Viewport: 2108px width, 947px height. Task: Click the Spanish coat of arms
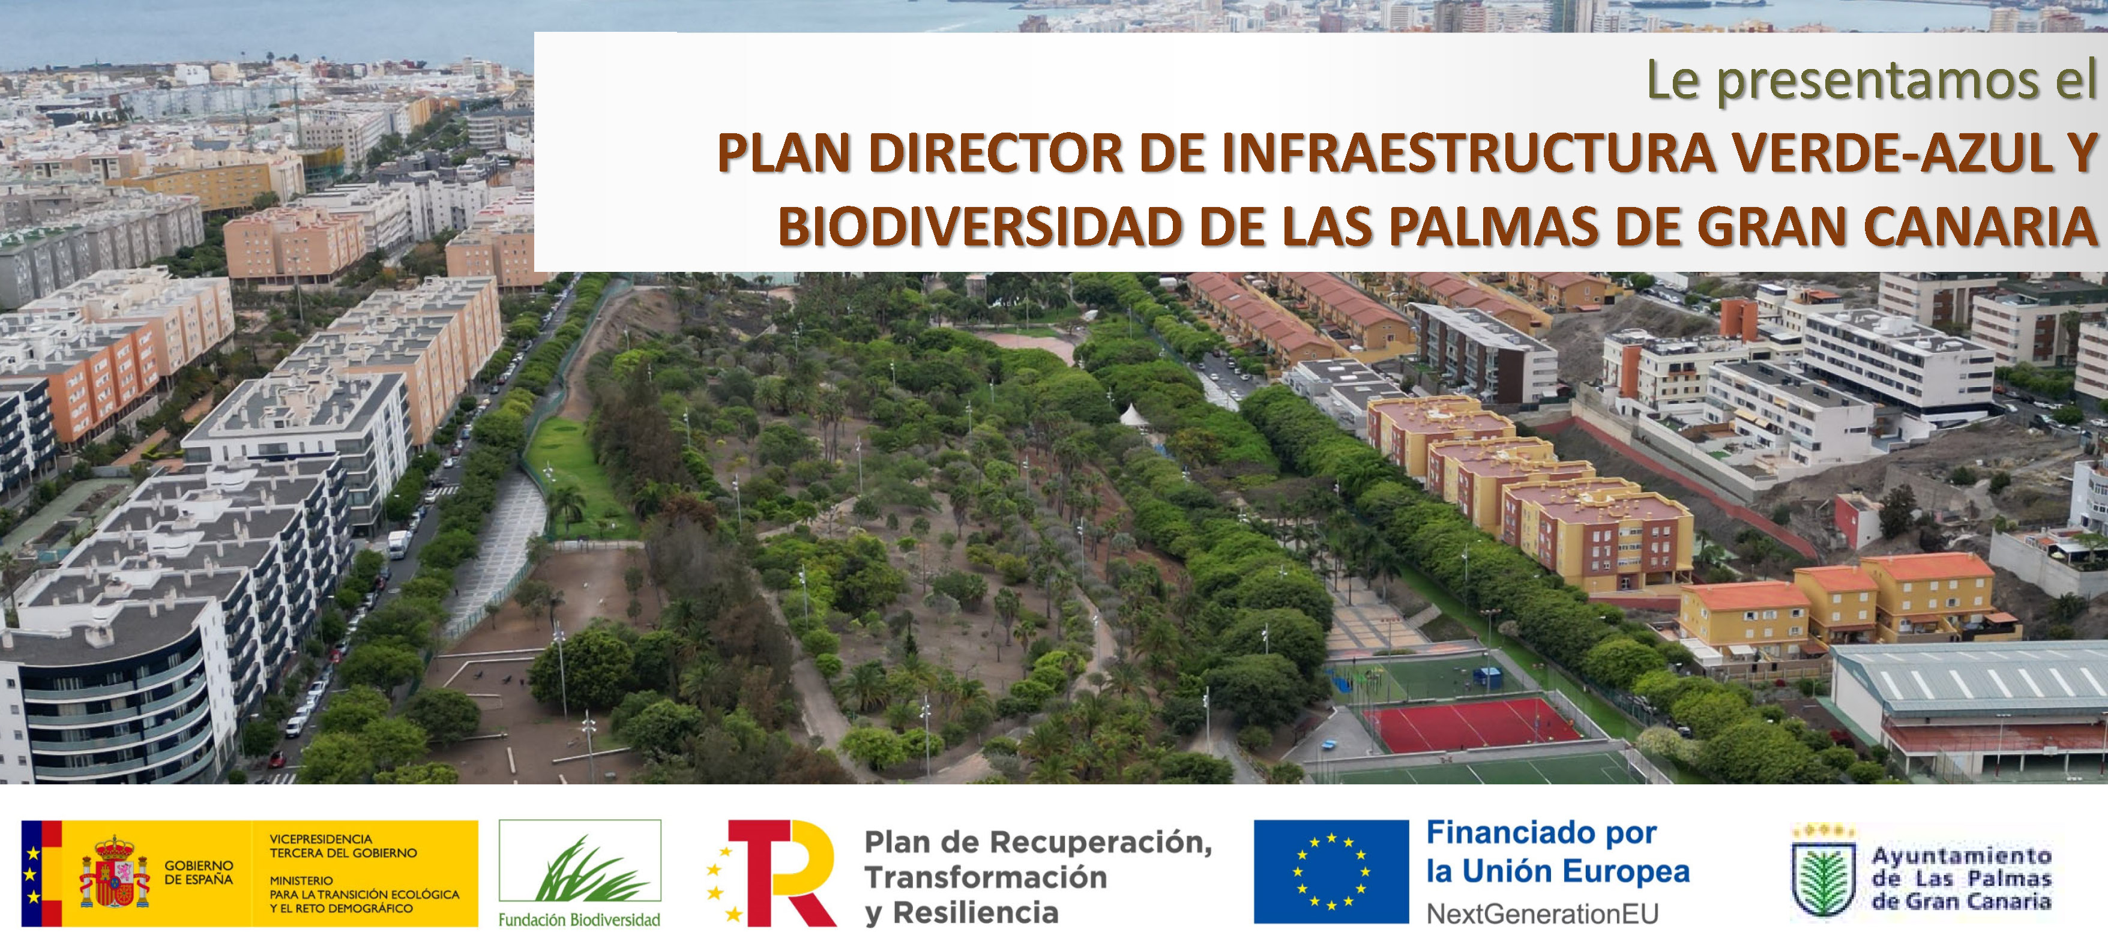tap(115, 873)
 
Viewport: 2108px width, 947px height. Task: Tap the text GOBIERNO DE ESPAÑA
tap(199, 873)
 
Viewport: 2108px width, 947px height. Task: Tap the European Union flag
tap(1331, 872)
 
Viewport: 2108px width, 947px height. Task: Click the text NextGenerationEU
tap(1543, 913)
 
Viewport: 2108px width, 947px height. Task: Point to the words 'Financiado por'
tap(1542, 833)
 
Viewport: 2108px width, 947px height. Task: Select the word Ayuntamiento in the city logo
tap(1962, 856)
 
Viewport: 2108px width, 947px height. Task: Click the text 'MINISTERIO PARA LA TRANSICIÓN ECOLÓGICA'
tap(364, 887)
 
